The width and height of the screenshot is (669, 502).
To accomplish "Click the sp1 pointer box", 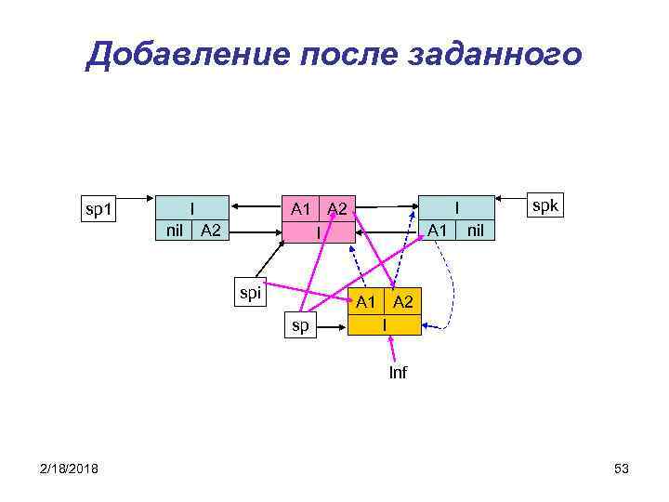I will point(97,209).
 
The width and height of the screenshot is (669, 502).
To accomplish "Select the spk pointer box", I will point(544,205).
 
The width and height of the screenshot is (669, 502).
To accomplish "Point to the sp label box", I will point(301,324).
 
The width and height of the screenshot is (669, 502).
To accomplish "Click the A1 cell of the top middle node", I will point(300,208).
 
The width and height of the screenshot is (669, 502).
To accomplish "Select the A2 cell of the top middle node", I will point(337,208).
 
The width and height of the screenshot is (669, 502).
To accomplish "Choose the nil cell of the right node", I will point(475,230).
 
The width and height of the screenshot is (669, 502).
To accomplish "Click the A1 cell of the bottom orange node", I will point(365,301).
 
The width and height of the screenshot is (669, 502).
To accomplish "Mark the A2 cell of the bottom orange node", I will point(402,301).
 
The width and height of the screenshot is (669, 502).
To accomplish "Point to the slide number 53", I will point(622,469).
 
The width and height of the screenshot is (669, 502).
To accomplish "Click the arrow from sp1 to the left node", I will point(134,198).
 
